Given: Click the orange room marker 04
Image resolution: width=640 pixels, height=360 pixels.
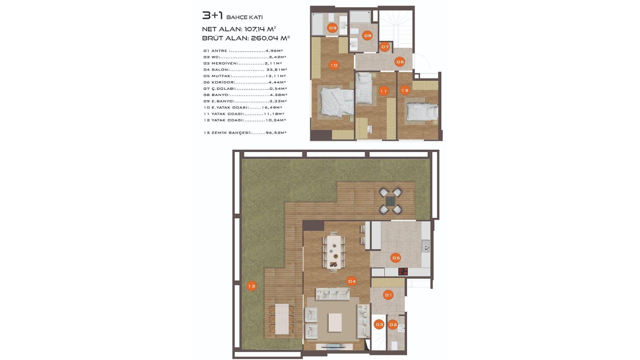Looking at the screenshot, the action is [x=352, y=281].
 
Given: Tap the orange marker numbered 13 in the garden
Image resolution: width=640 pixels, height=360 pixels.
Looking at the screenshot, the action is [x=252, y=286].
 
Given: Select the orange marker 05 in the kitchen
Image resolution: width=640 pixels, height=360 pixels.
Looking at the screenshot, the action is [x=396, y=258].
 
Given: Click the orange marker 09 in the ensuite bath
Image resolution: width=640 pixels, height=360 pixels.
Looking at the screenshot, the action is [x=333, y=28].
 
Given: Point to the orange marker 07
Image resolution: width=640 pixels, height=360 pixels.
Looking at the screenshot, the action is [x=385, y=47].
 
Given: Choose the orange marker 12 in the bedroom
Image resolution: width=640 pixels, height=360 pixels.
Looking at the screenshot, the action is [x=405, y=90].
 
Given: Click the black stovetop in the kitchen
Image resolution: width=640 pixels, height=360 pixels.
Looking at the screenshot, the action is [x=403, y=272].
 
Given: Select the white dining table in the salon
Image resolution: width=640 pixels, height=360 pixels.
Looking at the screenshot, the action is [x=334, y=252].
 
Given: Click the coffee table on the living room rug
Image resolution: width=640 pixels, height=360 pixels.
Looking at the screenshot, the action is [x=335, y=322].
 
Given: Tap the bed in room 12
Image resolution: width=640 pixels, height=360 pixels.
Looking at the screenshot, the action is [x=422, y=112].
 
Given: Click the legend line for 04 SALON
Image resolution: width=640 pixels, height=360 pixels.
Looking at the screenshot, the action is [x=245, y=70].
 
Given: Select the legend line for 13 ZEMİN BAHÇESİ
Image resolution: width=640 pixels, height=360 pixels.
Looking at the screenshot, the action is [x=245, y=133].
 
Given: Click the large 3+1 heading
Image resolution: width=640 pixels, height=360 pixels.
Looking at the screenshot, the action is [x=212, y=16].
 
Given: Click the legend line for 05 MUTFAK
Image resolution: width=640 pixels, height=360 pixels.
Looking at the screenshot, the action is [x=244, y=76].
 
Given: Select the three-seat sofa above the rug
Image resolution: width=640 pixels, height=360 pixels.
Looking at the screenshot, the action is [x=333, y=294].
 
